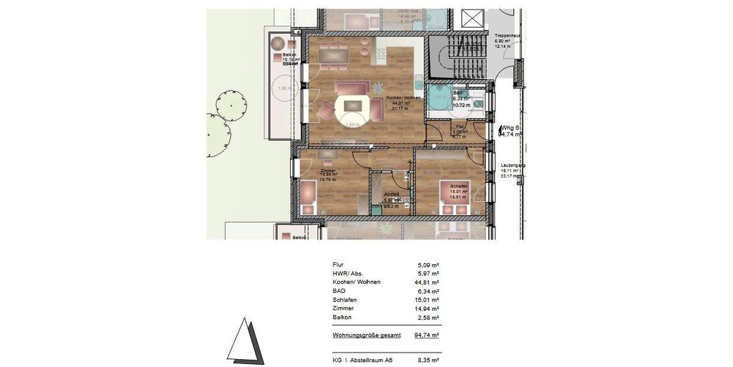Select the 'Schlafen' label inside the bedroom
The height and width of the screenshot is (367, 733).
tap(459, 185)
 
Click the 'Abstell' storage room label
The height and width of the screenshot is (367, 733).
tap(390, 194)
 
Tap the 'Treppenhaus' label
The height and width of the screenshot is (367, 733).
tap(508, 36)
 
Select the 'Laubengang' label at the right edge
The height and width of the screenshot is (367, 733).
tap(512, 165)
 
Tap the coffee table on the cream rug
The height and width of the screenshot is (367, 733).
tap(352, 106)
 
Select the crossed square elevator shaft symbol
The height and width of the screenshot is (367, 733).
tap(472, 18)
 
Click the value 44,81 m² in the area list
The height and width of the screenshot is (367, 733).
tap(427, 282)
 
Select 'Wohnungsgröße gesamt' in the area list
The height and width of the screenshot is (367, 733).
tap(366, 335)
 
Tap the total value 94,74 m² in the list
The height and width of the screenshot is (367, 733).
tap(427, 335)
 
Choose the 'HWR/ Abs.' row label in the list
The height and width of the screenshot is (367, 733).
tap(349, 273)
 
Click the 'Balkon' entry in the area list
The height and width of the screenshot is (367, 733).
tap(341, 317)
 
